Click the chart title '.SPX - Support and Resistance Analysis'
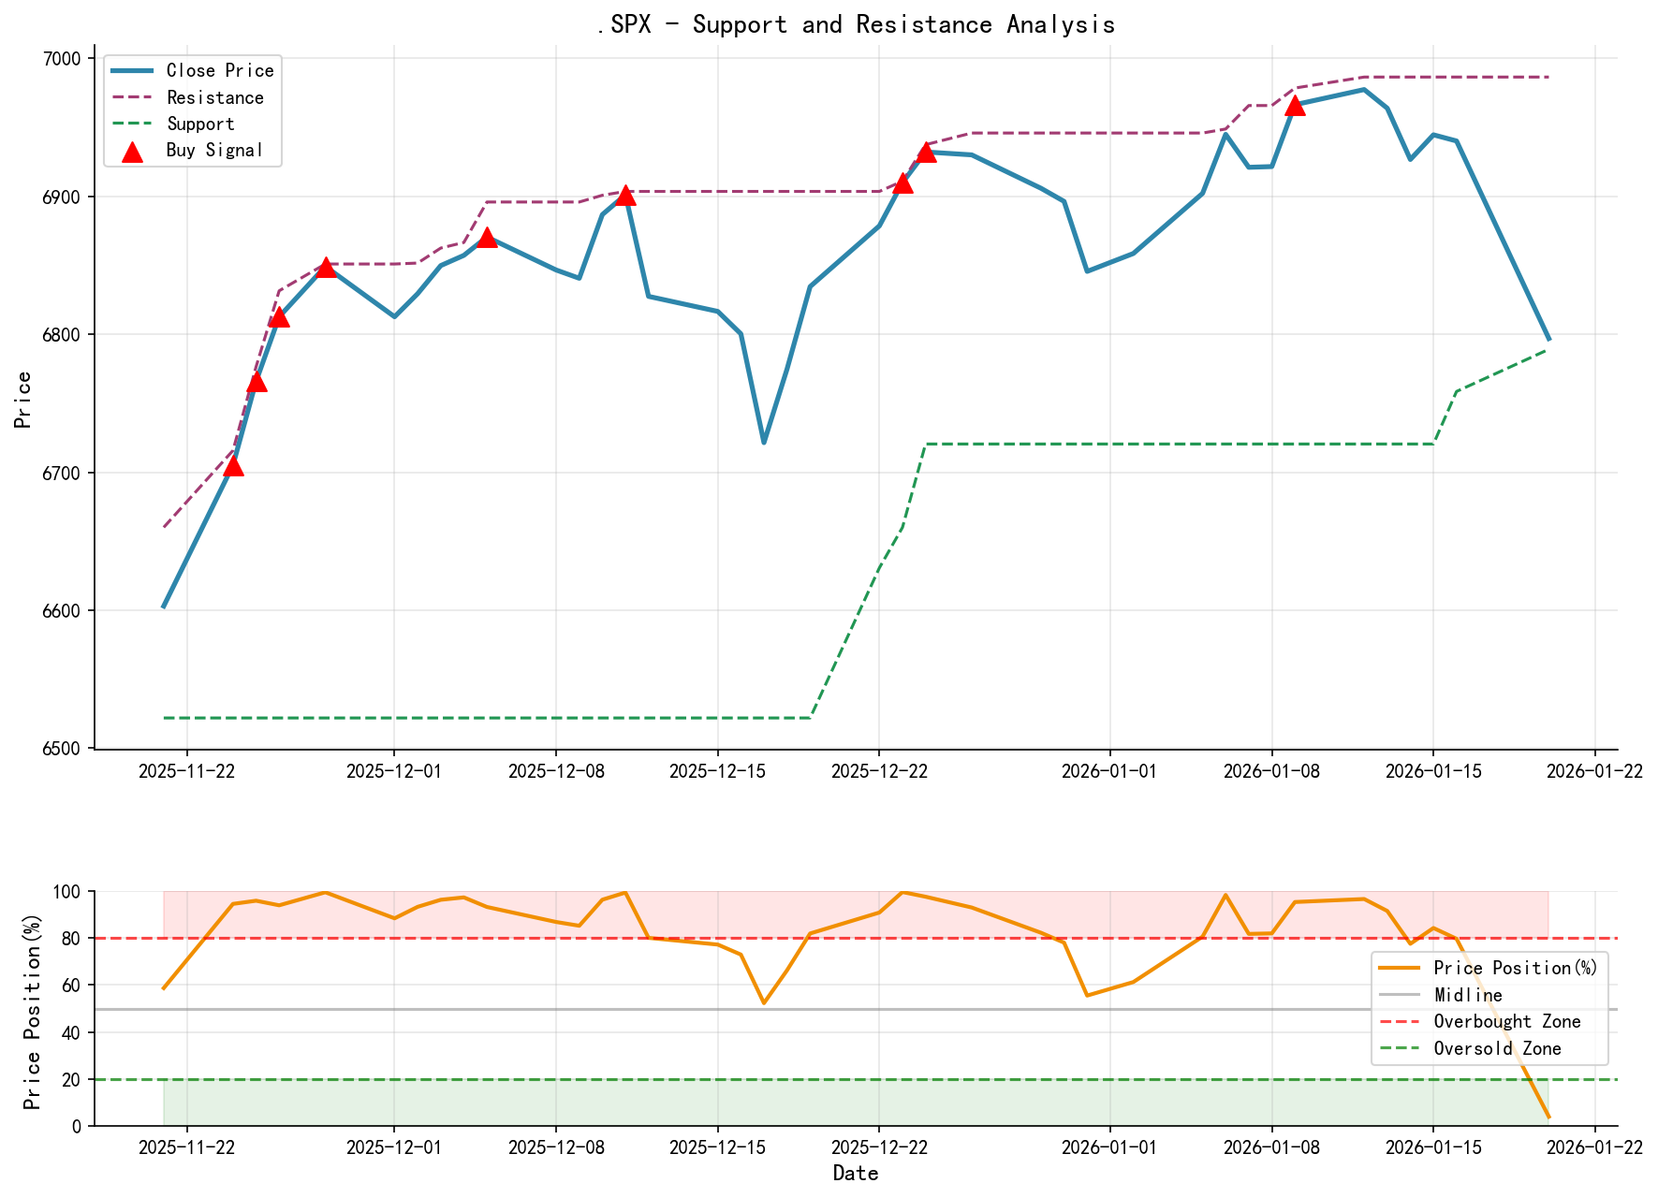[x=856, y=24]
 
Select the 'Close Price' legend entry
[x=220, y=70]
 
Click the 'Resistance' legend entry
[x=214, y=97]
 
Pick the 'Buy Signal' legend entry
[x=214, y=150]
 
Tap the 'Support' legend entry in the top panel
[x=200, y=124]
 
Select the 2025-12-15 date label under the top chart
[x=717, y=770]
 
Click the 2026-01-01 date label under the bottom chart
[x=1109, y=1147]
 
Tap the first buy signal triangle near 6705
[x=233, y=466]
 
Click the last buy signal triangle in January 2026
[x=1295, y=106]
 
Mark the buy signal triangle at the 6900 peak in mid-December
[x=625, y=196]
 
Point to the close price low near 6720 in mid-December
[x=764, y=442]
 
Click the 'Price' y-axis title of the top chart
[x=24, y=400]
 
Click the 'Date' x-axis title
[x=856, y=1174]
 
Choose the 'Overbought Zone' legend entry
[x=1506, y=1022]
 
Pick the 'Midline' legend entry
[x=1467, y=995]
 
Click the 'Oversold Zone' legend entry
[x=1497, y=1048]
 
